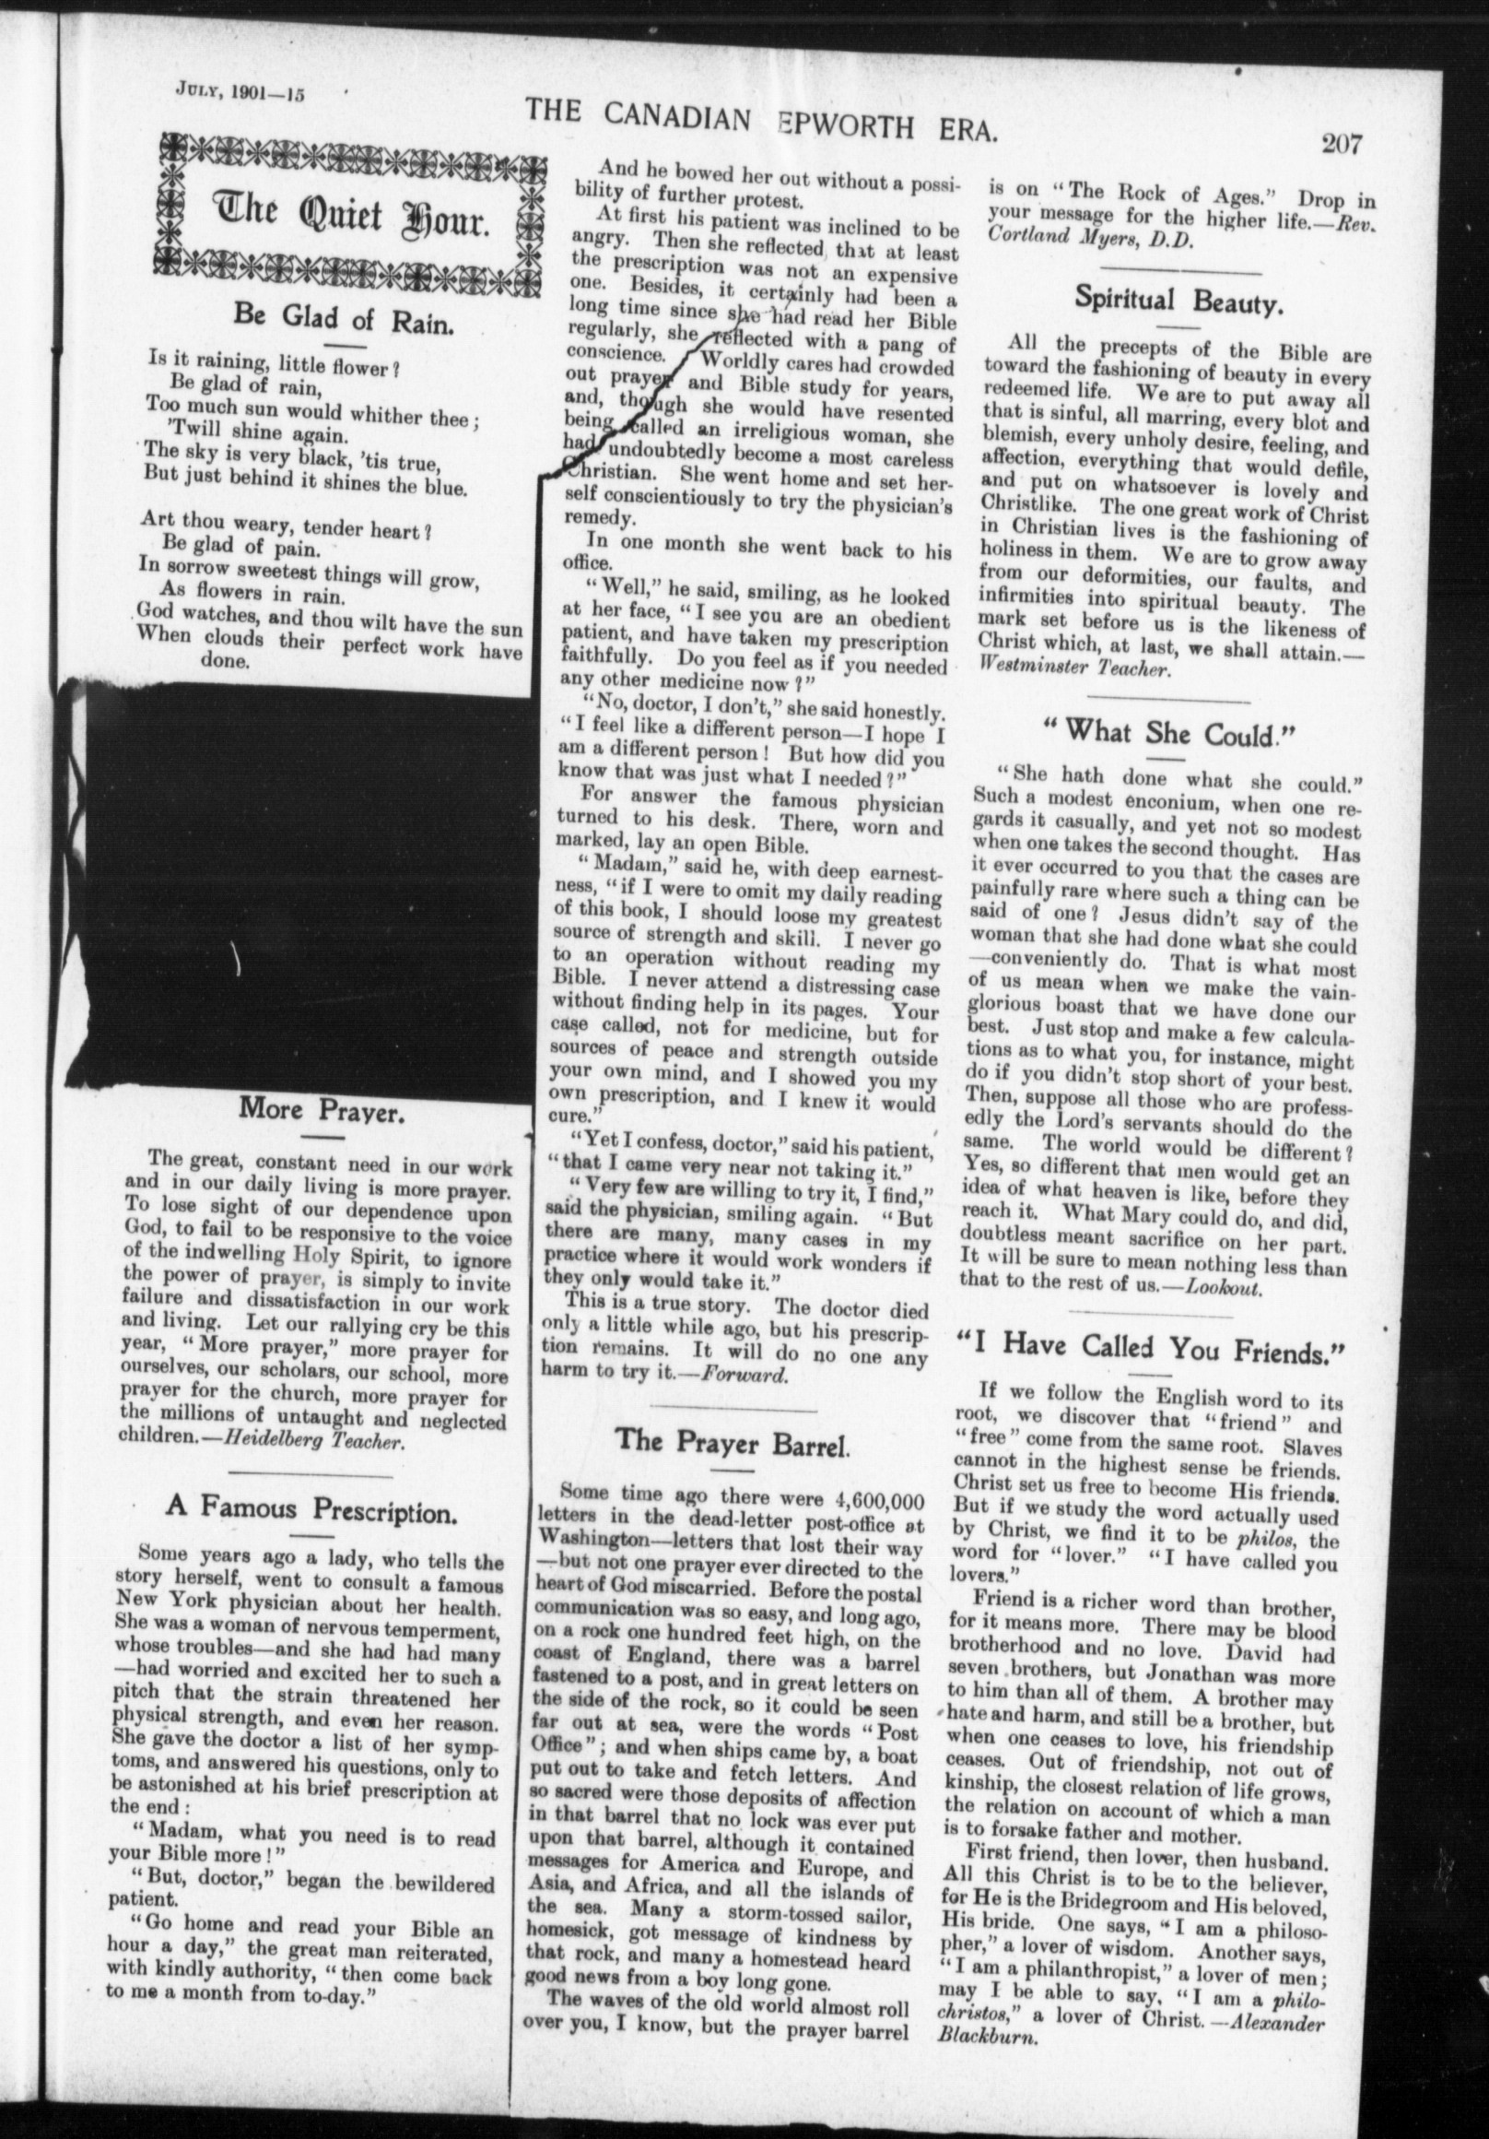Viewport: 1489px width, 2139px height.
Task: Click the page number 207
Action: click(1339, 145)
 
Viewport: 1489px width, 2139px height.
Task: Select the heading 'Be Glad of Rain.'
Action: click(344, 316)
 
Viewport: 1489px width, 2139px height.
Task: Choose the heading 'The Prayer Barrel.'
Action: click(733, 1441)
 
